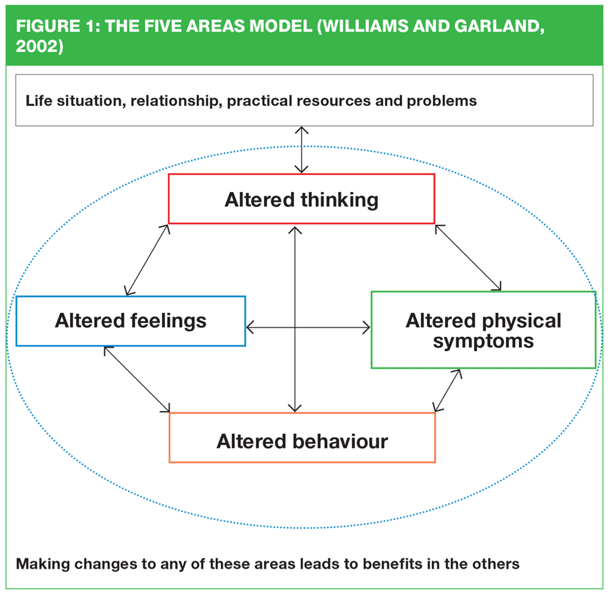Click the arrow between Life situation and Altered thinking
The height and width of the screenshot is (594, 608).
pos(301,150)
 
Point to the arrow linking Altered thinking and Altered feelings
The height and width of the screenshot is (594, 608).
pos(147,260)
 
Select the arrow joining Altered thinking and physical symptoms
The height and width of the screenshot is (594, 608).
pos(468,257)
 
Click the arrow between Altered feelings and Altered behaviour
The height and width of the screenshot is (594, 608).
pos(137,380)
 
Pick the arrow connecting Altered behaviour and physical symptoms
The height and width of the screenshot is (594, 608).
pos(447,391)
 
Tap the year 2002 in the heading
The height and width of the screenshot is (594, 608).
pos(37,46)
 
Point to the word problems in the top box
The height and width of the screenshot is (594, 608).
pos(441,101)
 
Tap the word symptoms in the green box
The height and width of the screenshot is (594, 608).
pos(483,342)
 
